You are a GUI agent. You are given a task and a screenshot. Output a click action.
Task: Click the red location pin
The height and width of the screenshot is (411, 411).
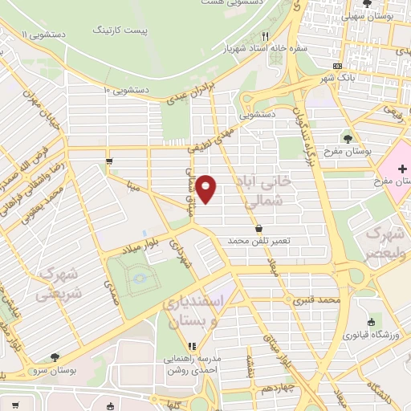(207, 189)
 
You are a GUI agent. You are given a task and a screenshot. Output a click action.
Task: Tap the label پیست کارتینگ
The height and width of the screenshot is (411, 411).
(121, 30)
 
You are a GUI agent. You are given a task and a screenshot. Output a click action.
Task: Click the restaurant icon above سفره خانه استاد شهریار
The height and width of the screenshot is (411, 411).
(265, 35)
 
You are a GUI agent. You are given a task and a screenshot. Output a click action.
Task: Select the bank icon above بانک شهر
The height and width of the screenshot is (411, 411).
(339, 66)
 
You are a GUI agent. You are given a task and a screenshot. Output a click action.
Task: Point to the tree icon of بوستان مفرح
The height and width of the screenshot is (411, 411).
(348, 138)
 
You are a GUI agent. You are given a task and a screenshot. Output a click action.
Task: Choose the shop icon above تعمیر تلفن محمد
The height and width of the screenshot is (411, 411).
(258, 228)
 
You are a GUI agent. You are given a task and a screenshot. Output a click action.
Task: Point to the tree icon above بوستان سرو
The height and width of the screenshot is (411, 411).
(55, 357)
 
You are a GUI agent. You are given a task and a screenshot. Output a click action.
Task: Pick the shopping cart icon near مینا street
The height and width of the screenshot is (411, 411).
(108, 161)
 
